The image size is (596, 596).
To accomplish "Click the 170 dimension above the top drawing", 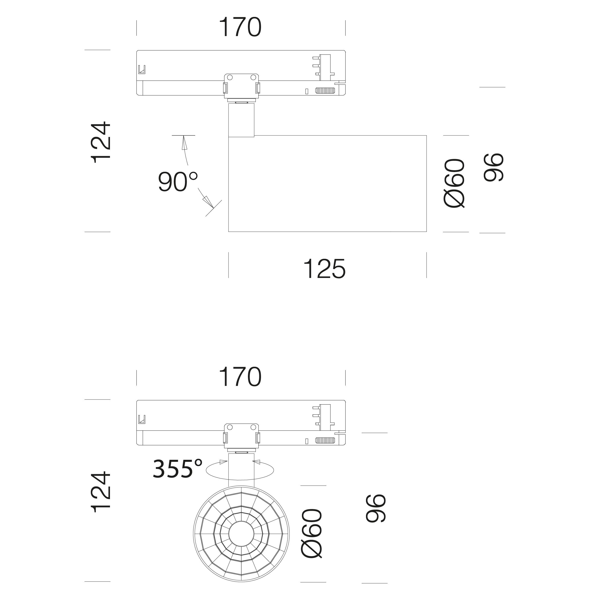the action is coord(240,27).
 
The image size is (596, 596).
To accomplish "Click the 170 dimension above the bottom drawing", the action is coord(240,377).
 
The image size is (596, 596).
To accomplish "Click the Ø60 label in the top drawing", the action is coord(454,183).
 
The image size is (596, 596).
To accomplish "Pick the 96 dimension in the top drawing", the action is coord(494,167).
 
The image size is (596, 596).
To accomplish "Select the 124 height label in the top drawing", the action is coord(101,142).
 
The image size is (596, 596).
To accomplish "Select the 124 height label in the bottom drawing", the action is coord(101,492).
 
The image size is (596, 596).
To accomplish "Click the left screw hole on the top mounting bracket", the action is coord(229,77).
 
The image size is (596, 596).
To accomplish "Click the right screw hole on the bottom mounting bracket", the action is coord(253,427).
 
